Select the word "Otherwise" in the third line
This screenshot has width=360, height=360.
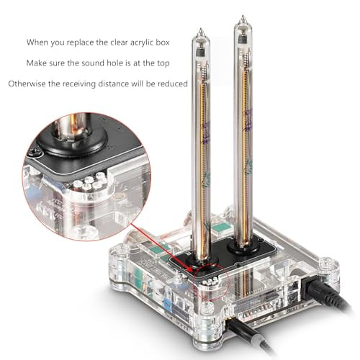(x=28, y=84)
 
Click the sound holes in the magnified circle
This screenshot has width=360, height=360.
(x=86, y=183)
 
